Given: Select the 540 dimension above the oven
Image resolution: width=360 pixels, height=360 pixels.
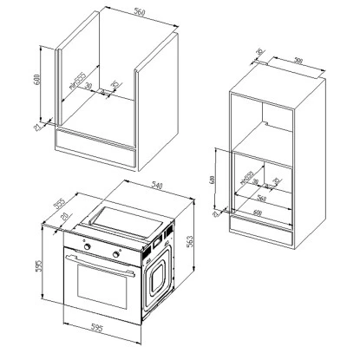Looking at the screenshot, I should coord(158,185).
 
